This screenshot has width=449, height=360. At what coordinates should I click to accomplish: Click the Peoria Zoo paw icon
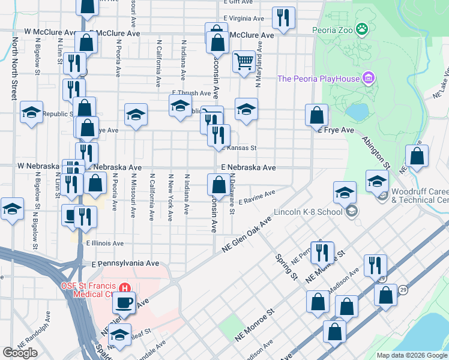point(361,29)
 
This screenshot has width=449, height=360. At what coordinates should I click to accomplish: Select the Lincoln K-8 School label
point(307,212)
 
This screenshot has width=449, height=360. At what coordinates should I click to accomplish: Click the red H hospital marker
point(125,287)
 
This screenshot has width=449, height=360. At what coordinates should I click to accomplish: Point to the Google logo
point(20,353)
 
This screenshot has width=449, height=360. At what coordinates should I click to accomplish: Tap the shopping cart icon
point(244,61)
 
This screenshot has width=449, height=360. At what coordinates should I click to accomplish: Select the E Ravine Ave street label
point(256,197)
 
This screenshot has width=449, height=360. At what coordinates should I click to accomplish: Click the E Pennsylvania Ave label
point(125,263)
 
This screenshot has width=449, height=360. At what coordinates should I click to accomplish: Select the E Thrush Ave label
point(191,93)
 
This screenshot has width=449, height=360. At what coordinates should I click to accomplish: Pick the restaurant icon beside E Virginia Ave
point(283,17)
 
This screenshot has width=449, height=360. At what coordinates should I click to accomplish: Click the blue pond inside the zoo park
point(357,112)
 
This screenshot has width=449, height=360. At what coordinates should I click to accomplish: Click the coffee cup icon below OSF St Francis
point(124,302)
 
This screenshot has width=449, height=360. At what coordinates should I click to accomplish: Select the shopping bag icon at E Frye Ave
point(316,115)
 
